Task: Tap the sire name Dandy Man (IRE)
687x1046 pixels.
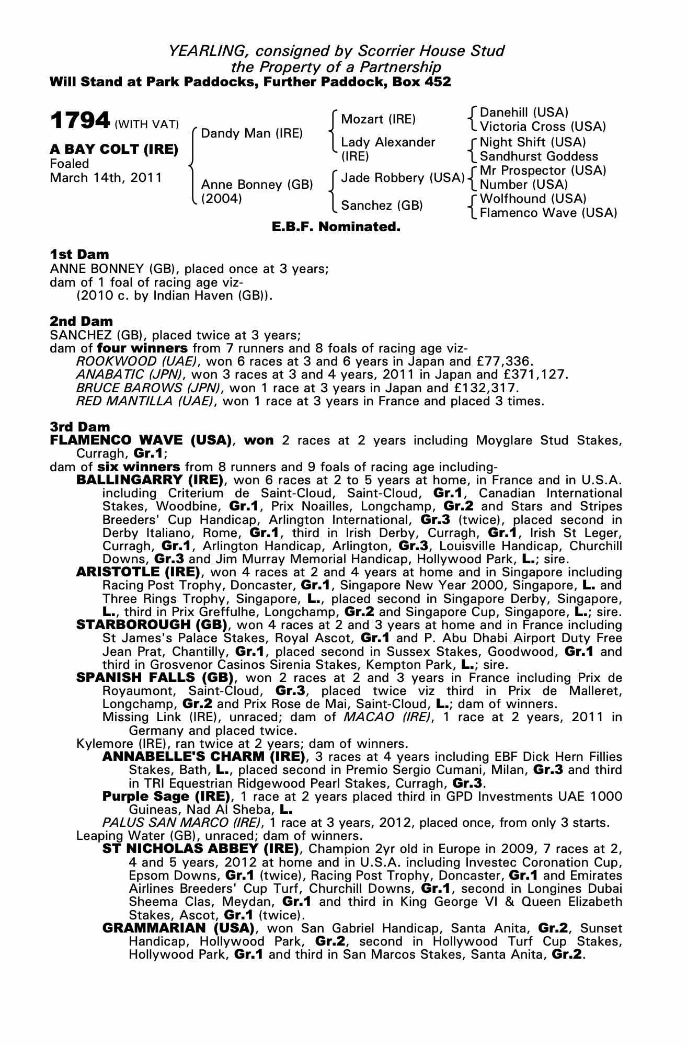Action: click(251, 133)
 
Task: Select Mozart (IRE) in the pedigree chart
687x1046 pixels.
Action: click(378, 119)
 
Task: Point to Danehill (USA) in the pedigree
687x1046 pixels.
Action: click(524, 112)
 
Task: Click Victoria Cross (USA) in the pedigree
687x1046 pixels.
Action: click(543, 127)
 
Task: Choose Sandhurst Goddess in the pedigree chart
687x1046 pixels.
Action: click(539, 156)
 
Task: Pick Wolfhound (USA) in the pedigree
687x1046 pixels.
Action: click(533, 199)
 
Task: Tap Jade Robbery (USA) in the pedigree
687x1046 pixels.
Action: click(403, 178)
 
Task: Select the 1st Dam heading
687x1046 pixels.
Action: click(79, 255)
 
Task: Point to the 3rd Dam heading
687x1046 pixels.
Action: click(81, 427)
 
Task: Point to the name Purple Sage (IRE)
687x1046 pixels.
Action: click(166, 797)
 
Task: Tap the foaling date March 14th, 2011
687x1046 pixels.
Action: click(106, 178)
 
